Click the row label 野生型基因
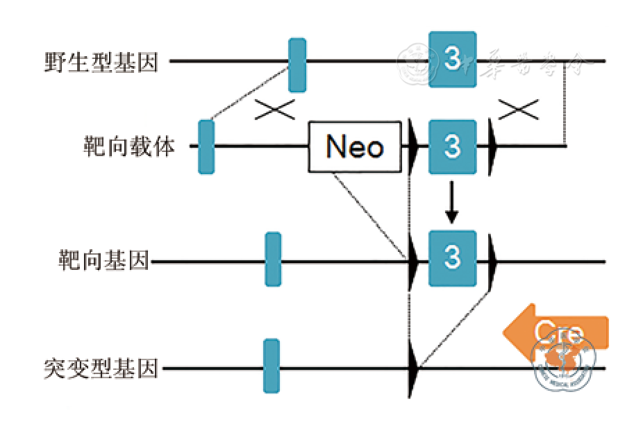pos(102,62)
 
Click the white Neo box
pos(356,147)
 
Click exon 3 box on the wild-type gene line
pos(453,60)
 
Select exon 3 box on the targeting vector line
pos(453,147)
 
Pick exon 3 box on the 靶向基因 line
pos(453,258)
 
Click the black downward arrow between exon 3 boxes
pos(452,202)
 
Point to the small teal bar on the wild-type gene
pos(297,65)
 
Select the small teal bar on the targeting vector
pos(206,146)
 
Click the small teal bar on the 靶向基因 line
pos(274,259)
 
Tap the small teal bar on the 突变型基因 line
pos(272,366)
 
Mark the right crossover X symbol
pos(519,109)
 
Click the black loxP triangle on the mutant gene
pos(415,367)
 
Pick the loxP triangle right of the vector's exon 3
pos(492,147)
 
